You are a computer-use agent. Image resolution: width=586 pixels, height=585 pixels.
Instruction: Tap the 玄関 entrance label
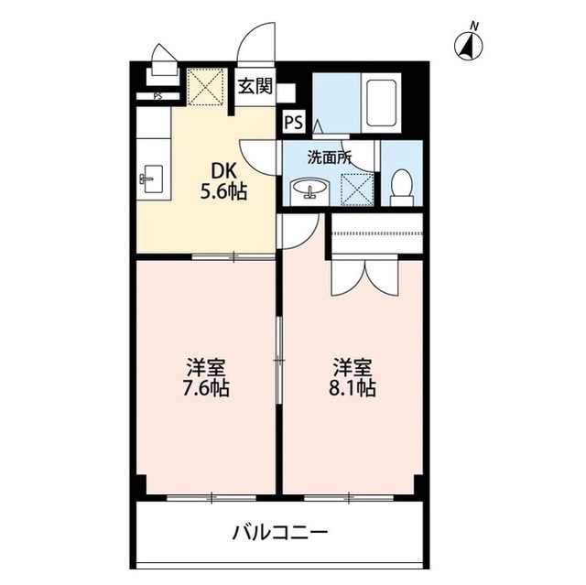pyautogui.click(x=255, y=87)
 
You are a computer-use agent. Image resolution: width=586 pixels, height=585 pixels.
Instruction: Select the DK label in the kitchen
pyautogui.click(x=224, y=172)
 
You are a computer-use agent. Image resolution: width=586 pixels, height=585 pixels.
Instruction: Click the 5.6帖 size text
pyautogui.click(x=224, y=193)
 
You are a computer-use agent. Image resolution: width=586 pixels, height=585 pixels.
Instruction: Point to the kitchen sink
pyautogui.click(x=152, y=178)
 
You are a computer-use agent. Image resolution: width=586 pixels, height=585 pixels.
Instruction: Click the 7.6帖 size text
pyautogui.click(x=206, y=388)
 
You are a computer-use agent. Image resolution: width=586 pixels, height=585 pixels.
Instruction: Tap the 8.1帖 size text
pyautogui.click(x=353, y=388)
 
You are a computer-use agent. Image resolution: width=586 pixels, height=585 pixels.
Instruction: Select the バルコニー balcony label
pyautogui.click(x=279, y=531)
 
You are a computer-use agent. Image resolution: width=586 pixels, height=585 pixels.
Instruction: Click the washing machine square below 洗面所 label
pyautogui.click(x=356, y=188)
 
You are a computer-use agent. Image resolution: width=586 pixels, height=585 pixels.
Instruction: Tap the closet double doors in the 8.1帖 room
pyautogui.click(x=364, y=277)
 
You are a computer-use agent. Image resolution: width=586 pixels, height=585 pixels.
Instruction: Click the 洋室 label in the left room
pyautogui.click(x=206, y=368)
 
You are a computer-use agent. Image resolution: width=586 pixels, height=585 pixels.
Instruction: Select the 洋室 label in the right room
pyautogui.click(x=353, y=368)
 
